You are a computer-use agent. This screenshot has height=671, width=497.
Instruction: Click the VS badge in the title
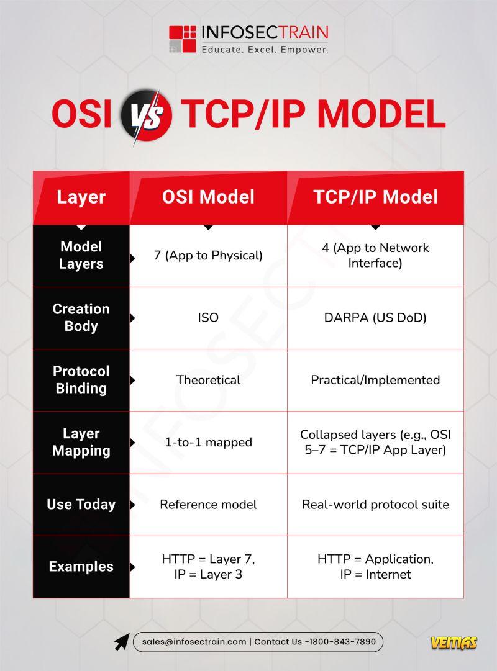(147, 115)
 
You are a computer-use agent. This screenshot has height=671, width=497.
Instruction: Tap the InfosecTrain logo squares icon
(182, 39)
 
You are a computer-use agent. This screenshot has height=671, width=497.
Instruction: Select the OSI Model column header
(208, 197)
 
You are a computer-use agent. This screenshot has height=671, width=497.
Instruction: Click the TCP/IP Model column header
(375, 197)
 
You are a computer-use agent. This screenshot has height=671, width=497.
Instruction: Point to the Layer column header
(81, 197)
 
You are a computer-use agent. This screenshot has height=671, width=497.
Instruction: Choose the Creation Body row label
(81, 318)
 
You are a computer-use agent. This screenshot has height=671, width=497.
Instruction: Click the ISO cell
(208, 318)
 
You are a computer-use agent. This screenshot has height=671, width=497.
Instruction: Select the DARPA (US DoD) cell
(375, 318)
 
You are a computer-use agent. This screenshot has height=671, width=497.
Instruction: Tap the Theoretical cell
(208, 380)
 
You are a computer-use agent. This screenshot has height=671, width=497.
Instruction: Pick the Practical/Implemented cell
(375, 380)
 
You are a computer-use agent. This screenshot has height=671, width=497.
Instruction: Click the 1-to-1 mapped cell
(208, 442)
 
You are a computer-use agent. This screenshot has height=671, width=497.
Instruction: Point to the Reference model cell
(208, 504)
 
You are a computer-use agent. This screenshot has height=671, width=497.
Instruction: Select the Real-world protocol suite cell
(375, 504)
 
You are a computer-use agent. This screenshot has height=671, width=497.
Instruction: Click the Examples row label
(81, 567)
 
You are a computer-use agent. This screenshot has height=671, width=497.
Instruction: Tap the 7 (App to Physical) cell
(208, 256)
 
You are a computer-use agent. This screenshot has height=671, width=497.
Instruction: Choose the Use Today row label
(81, 504)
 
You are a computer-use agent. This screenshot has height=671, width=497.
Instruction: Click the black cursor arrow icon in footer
(122, 642)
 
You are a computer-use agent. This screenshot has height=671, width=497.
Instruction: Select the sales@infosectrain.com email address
(194, 641)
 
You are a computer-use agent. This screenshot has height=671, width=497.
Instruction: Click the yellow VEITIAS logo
(454, 642)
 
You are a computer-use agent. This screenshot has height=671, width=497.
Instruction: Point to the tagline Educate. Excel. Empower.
(265, 50)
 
